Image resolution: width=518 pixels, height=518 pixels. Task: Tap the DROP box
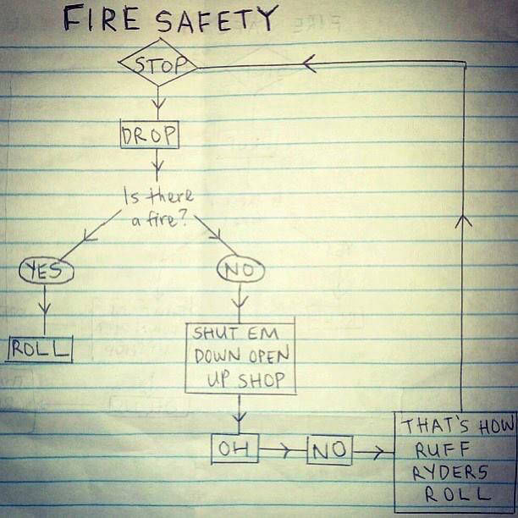click(x=150, y=134)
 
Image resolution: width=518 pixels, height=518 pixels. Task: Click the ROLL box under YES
click(x=41, y=348)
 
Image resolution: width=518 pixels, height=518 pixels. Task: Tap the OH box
click(x=233, y=449)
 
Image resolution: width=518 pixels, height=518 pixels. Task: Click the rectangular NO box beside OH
click(x=329, y=450)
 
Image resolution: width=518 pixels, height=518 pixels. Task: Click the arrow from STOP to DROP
click(x=157, y=102)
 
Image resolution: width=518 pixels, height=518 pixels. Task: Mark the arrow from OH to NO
click(x=282, y=450)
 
